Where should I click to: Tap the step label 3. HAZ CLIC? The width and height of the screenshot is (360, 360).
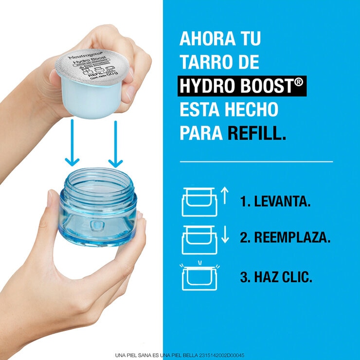pos(276,277)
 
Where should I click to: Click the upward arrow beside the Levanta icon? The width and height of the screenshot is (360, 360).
pos(224,196)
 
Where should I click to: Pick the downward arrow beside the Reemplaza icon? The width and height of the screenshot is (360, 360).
pos(224,235)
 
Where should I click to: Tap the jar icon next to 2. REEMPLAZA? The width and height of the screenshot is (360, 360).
pos(199,239)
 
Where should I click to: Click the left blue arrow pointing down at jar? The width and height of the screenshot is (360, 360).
pos(72,143)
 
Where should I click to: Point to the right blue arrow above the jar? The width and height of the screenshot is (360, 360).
pos(115,143)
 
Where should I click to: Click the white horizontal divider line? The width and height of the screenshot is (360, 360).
pos(256,161)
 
